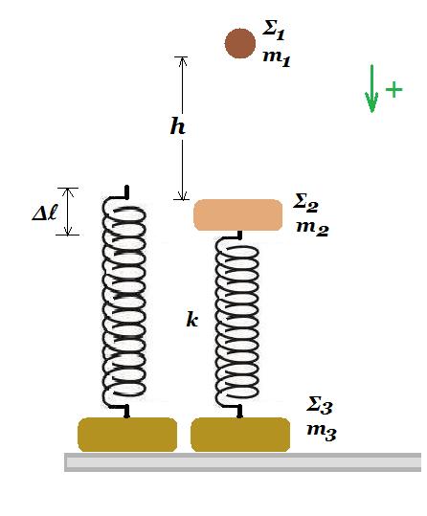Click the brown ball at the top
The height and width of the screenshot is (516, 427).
coord(240,43)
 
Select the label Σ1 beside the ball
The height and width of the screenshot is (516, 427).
coord(274,30)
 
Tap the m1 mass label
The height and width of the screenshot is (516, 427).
coord(277,58)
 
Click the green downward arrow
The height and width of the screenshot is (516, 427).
coord(371,89)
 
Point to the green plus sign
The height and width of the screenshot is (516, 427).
coord(393,89)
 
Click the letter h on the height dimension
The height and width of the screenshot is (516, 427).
coord(178,126)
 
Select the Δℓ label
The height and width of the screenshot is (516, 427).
coord(45,213)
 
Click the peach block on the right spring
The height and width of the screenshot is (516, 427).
coord(238,214)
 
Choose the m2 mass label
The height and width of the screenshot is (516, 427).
coord(312,228)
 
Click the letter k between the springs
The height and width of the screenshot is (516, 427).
coord(192,319)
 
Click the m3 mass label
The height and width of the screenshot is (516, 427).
coord(322,430)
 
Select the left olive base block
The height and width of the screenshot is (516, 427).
coord(127,435)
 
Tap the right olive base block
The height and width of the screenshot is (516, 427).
coord(240,435)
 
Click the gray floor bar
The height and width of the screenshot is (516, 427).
coord(242,462)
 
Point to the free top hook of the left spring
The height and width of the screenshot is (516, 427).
coord(126,192)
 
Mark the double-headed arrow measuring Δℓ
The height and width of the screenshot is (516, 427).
coord(68,212)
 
